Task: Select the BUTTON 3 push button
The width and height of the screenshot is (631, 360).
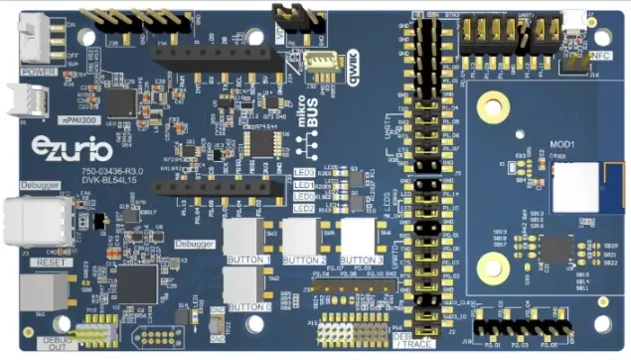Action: (359, 238)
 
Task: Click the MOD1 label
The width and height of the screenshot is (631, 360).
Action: (562, 144)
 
